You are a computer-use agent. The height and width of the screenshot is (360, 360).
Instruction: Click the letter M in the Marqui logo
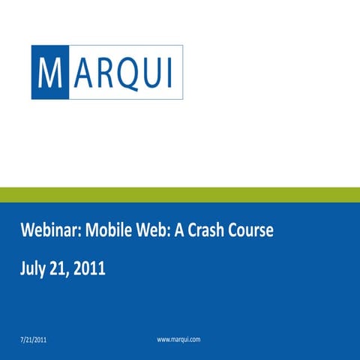49,72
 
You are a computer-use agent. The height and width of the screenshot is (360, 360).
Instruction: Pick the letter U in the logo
151,73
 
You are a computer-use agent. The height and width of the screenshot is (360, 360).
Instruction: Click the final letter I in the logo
169,73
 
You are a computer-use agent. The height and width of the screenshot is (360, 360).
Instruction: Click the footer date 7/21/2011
35,340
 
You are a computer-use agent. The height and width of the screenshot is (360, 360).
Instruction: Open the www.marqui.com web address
178,340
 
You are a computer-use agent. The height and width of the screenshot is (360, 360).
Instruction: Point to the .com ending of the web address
193,340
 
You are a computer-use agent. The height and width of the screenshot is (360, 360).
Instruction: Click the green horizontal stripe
180,195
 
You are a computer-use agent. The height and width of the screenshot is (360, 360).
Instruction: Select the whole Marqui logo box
107,73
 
